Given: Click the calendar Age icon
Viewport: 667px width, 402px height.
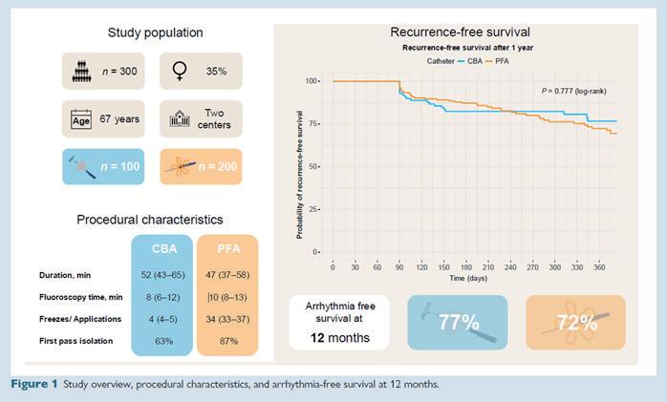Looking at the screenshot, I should [x=80, y=118].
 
